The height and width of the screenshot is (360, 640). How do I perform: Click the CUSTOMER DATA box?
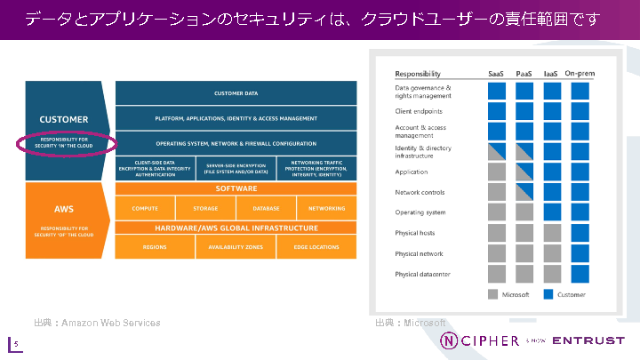236,92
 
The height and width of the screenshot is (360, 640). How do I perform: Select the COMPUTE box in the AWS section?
145,208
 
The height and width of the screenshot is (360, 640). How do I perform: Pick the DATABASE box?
266,208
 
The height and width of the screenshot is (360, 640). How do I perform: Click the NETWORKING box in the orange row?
327,208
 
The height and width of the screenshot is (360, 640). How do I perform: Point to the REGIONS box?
155,246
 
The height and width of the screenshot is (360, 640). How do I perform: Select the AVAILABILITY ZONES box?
236,246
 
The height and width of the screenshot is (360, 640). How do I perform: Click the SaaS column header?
497,74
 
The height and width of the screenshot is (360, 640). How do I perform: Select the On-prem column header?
580,74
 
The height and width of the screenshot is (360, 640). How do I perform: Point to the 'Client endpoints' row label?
418,111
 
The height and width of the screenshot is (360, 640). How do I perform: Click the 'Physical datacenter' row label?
423,274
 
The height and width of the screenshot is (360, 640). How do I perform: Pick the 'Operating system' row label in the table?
420,212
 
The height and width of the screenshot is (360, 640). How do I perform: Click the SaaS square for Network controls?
497,192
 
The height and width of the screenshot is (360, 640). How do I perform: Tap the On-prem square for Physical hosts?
580,233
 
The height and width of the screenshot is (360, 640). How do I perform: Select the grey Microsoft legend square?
492,293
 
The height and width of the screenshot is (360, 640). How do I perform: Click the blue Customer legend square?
548,293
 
